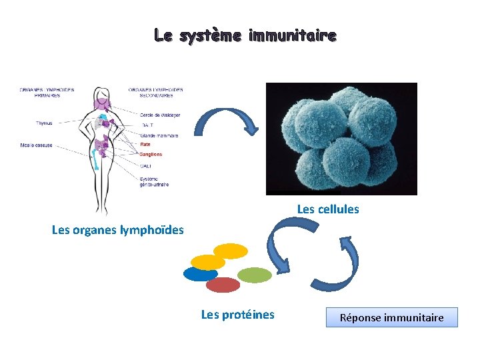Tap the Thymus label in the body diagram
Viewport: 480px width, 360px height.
44,123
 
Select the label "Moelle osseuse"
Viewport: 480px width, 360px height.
37,145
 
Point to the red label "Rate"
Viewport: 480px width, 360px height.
145,145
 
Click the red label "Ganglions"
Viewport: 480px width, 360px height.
151,154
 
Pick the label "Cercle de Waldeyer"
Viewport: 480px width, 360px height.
160,115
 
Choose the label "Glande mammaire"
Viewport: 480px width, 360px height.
159,135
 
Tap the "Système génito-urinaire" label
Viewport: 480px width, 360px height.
154,181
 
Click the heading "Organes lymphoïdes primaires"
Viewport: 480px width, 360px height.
47,92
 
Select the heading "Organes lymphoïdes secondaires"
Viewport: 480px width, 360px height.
155,92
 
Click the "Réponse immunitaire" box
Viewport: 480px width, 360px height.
392,317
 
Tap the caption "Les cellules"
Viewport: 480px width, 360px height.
328,209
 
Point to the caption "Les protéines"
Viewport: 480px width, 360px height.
237,315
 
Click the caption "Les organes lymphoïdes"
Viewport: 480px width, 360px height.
117,231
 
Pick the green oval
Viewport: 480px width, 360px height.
255,275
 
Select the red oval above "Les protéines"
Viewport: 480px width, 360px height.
223,285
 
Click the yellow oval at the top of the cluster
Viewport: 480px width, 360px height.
231,251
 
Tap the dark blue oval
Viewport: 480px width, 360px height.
199,274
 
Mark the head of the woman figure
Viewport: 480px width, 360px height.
102,94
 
